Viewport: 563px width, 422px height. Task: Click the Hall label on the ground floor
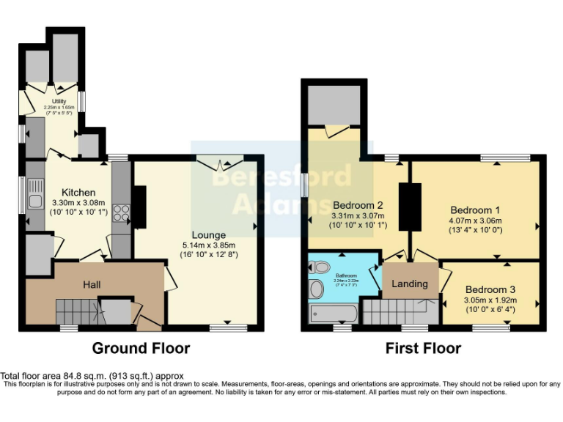point(92,284)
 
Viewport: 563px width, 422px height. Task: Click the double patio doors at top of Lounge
point(220,163)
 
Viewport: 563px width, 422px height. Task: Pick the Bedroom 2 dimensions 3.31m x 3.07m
point(358,215)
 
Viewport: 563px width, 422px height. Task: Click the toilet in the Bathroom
point(321,267)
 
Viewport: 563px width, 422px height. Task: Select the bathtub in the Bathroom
point(334,314)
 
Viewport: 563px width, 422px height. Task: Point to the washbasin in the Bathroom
point(317,289)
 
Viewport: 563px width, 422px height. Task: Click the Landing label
point(410,284)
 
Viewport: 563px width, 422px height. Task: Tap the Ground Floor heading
point(140,349)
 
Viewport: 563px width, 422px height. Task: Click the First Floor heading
point(423,349)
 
